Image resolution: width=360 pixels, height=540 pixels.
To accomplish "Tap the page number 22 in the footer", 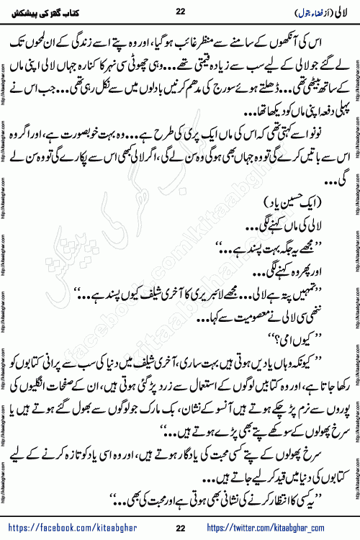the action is coord(180,530).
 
